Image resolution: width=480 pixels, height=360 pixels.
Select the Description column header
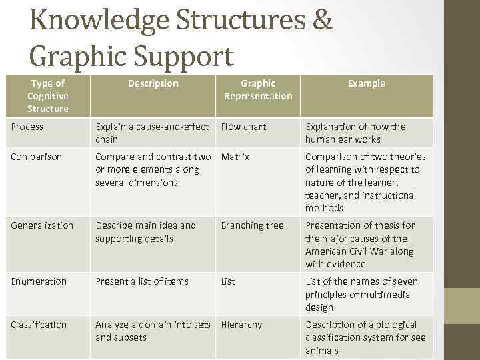click(153, 83)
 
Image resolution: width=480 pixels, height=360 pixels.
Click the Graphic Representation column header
click(258, 89)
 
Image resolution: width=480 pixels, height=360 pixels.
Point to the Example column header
click(366, 83)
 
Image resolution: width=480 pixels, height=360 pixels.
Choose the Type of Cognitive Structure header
click(48, 95)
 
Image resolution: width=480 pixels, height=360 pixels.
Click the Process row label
click(27, 127)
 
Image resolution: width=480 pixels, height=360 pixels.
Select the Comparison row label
click(37, 157)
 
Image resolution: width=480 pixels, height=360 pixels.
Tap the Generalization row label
click(42, 225)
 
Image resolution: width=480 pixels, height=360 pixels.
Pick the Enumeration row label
click(39, 281)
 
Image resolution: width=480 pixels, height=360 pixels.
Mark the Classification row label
click(39, 325)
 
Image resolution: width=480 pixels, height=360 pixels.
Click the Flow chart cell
click(243, 127)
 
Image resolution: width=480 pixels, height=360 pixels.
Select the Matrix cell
click(235, 157)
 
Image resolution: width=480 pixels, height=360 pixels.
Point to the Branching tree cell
click(252, 225)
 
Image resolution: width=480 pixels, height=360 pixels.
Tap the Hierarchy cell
click(241, 325)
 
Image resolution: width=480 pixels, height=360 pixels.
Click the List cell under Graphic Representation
click(228, 281)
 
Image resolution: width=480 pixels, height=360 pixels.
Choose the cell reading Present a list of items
click(142, 281)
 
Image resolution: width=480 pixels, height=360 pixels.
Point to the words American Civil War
click(359, 251)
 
